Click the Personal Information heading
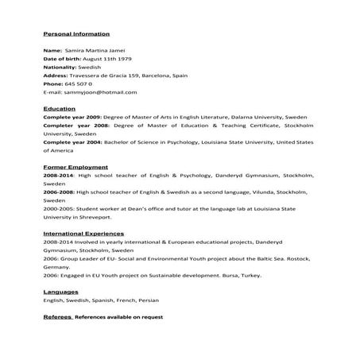click(75, 34)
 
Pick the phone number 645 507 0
click(79, 83)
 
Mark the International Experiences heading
click(83, 234)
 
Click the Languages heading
click(60, 292)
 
